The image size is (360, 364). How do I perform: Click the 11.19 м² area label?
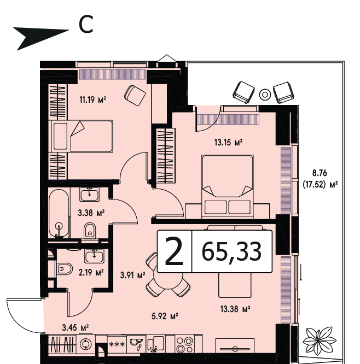point(92,100)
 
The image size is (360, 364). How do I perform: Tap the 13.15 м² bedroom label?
point(229,142)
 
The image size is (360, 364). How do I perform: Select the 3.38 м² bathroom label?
point(91,213)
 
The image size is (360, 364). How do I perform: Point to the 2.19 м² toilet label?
point(91,273)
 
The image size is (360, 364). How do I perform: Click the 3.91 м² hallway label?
point(133,275)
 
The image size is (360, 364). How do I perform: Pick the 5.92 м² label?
point(165,316)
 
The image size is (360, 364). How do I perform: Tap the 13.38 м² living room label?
point(235,309)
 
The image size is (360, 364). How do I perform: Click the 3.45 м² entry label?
point(76,328)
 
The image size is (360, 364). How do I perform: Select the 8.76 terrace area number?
point(320,173)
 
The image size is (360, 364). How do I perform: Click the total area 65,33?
point(232,252)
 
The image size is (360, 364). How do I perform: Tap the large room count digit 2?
point(175,251)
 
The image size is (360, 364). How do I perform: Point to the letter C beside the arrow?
point(86,24)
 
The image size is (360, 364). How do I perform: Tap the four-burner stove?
point(185,345)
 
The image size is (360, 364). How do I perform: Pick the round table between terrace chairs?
point(265,95)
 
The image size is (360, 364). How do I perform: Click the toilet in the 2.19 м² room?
point(65,269)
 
